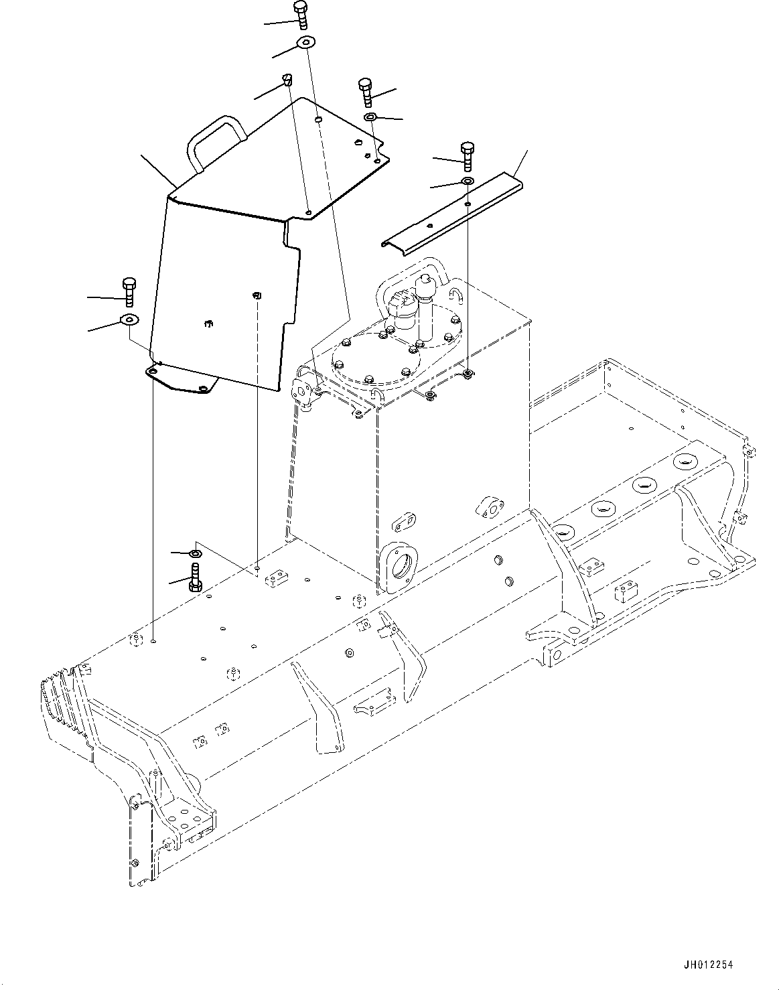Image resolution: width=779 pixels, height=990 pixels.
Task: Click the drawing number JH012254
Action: coord(709,965)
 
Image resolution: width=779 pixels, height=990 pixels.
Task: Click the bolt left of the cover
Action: coord(129,291)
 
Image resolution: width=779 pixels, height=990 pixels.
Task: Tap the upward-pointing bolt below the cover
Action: coord(195,577)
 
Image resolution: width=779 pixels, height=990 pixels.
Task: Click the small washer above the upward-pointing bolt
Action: coord(196,553)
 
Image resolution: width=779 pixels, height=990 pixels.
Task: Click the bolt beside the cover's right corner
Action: coord(366,92)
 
